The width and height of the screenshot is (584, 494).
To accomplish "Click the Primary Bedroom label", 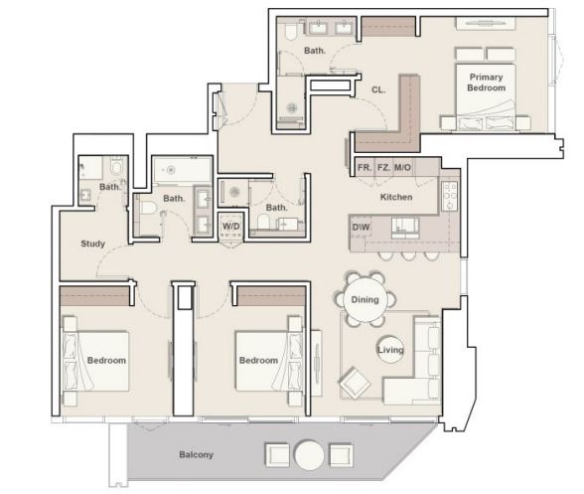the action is (x=486, y=82).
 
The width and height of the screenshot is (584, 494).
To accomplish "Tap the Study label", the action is (x=92, y=244).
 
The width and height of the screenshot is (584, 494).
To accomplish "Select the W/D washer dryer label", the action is (x=230, y=227).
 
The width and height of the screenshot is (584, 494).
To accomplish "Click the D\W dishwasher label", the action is (x=361, y=227).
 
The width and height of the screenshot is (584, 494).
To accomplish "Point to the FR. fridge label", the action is (x=365, y=168).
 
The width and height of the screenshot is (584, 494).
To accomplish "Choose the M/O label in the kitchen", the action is (x=402, y=168).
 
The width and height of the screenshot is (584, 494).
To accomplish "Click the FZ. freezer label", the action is (x=384, y=168).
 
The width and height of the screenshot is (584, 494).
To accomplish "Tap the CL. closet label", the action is (x=378, y=89).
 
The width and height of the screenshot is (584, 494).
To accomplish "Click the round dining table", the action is (x=365, y=299).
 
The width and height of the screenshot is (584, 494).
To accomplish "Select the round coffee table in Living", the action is (x=390, y=349).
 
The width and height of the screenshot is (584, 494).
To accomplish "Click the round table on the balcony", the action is (x=309, y=455).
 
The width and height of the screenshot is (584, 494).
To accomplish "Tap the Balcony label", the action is (x=196, y=454).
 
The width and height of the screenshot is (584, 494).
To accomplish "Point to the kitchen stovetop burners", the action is (x=450, y=195).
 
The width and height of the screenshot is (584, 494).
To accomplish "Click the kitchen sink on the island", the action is (x=405, y=228).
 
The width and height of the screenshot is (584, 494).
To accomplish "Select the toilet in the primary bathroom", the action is (x=290, y=31).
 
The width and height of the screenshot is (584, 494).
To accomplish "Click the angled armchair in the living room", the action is (x=355, y=383).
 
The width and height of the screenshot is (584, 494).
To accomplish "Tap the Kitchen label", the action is (x=396, y=197).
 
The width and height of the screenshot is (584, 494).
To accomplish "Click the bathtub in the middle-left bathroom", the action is (x=182, y=170).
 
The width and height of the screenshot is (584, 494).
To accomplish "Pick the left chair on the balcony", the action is (x=277, y=455).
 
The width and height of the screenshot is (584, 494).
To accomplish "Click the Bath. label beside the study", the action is (x=110, y=187).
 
